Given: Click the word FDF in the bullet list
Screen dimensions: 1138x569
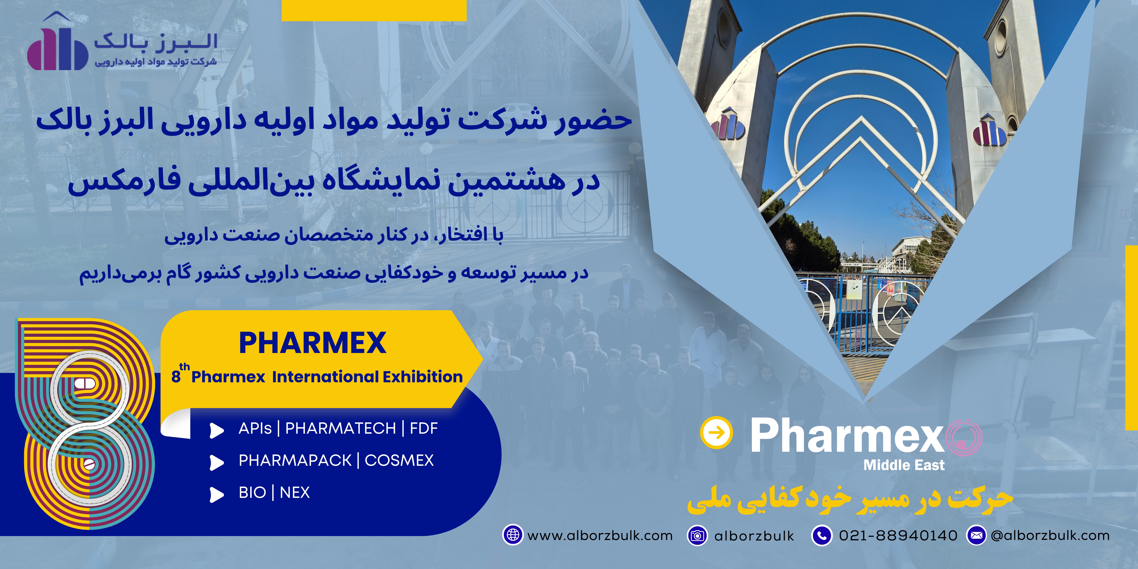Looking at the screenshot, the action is (424, 428).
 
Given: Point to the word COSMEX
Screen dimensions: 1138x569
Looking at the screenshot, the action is (399, 460).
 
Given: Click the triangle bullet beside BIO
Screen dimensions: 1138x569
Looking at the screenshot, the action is (217, 495).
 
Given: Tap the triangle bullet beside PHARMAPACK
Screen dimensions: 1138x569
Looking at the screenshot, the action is (217, 462).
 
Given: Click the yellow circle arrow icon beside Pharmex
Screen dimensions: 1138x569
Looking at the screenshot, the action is (717, 433).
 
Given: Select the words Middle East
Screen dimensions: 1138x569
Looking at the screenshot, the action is (904, 465).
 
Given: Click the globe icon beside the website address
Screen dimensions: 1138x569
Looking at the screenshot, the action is (513, 535).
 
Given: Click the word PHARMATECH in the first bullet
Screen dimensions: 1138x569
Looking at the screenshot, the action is (341, 428).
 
